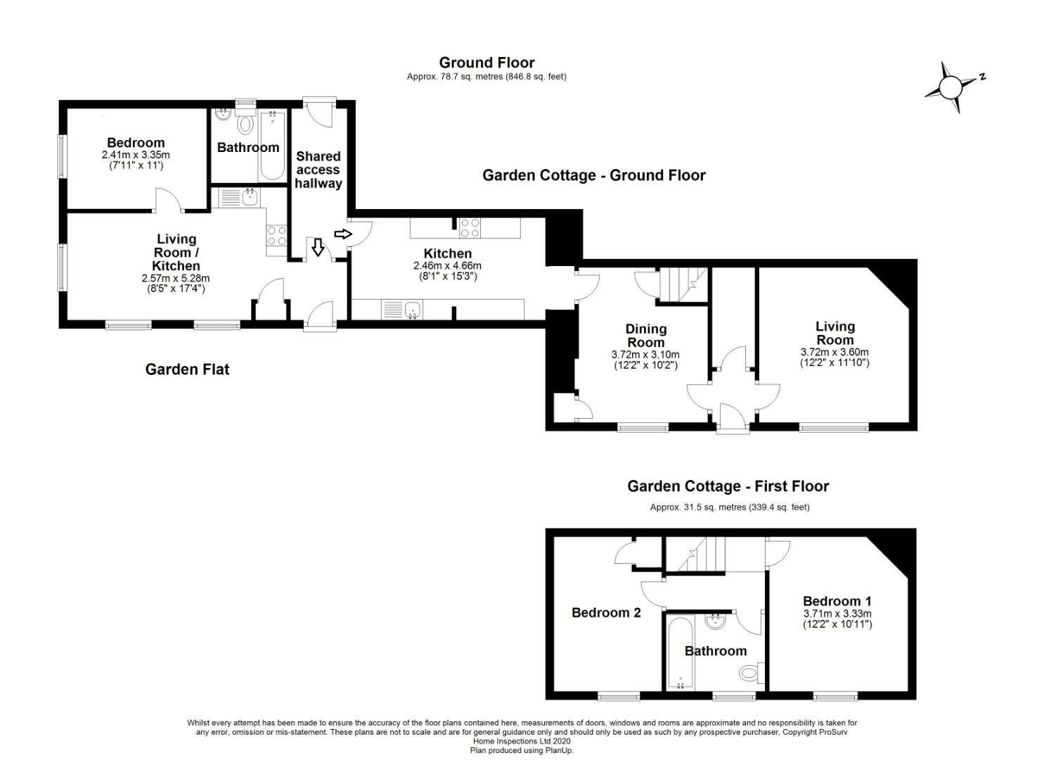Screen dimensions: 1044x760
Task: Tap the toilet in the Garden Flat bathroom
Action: click(x=245, y=122)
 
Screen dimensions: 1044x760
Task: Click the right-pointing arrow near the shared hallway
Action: click(x=343, y=234)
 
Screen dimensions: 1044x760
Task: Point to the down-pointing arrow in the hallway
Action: click(x=318, y=247)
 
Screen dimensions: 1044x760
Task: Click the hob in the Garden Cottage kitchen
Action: click(x=470, y=228)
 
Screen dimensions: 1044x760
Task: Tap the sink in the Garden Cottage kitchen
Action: click(x=402, y=310)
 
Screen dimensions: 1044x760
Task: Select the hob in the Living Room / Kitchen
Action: click(x=276, y=235)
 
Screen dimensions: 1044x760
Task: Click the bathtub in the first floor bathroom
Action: click(x=681, y=652)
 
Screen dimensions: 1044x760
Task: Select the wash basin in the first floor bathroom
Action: click(x=714, y=621)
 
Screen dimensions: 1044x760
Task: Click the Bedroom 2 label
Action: click(x=606, y=612)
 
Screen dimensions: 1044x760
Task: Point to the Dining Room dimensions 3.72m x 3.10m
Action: click(x=645, y=355)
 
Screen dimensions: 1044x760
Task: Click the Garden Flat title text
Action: click(x=188, y=369)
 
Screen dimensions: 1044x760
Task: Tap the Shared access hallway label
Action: click(x=318, y=170)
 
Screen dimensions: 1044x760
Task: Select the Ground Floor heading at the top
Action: click(x=486, y=63)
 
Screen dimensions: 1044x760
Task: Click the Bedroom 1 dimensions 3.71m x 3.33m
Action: click(x=837, y=614)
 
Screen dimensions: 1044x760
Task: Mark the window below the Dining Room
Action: click(x=643, y=427)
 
